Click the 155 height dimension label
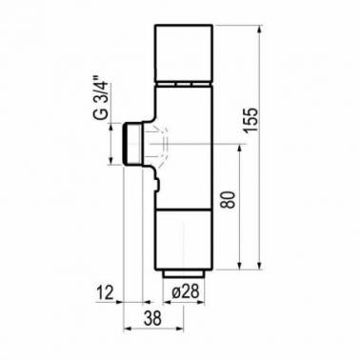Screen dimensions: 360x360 250,120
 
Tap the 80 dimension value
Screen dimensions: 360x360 229,200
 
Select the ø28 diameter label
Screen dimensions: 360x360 185,291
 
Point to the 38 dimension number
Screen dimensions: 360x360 152,318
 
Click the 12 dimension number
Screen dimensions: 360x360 105,292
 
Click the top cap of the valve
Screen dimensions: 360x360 184,52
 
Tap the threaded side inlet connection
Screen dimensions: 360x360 133,144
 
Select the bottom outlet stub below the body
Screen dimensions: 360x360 184,274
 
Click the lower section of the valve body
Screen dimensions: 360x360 184,240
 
